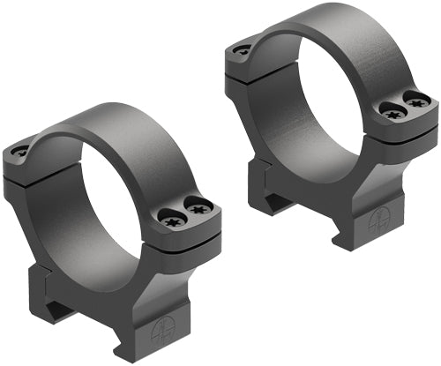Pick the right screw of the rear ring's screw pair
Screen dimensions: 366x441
point(410,102)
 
